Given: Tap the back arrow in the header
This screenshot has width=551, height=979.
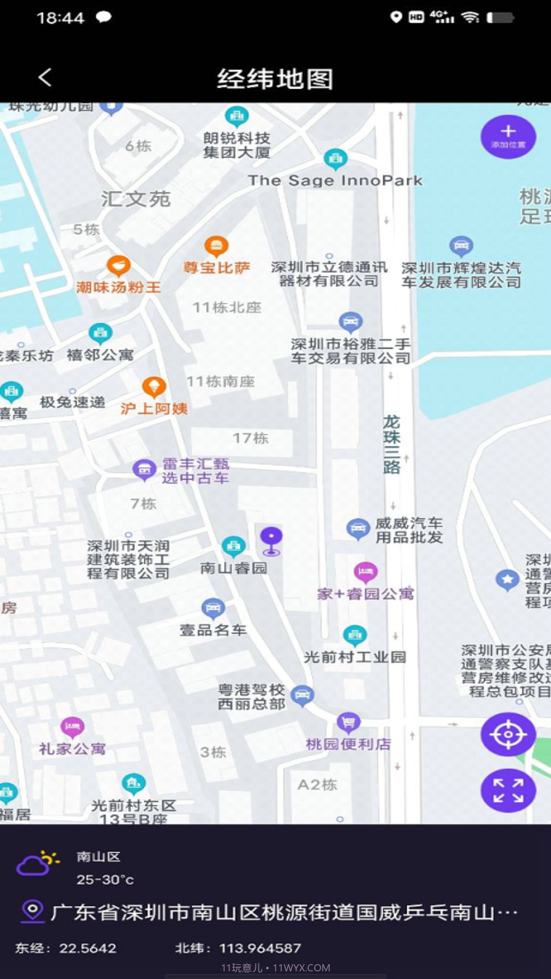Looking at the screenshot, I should tap(45, 78).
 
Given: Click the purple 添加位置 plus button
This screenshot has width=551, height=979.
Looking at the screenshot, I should tap(508, 136).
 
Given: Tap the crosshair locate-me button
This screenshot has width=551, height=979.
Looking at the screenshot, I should tap(508, 734).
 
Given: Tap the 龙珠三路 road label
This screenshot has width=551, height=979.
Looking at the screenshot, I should tap(391, 445).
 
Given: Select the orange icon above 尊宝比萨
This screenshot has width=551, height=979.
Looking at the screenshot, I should tap(216, 247).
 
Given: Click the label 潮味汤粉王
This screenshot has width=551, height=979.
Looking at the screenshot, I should tap(118, 288).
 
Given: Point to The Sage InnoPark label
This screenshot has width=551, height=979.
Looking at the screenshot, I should tap(335, 181).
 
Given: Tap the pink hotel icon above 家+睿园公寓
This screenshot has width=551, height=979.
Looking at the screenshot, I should tap(365, 572).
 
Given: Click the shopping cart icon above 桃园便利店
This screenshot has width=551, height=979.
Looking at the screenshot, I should tap(348, 722).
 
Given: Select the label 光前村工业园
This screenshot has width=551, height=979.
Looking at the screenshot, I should tap(355, 657).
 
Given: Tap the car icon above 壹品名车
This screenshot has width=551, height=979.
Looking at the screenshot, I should tap(213, 608).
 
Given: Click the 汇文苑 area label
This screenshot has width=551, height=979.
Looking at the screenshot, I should tap(136, 199).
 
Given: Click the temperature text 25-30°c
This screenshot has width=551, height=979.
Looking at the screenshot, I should tap(105, 880).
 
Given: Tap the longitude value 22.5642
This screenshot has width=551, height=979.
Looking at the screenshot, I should tap(88, 948).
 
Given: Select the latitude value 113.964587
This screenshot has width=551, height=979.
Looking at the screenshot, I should tap(260, 948).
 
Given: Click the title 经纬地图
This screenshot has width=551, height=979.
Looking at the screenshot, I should tap(275, 79).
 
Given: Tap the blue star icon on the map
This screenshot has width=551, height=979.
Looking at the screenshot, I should tap(507, 579).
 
